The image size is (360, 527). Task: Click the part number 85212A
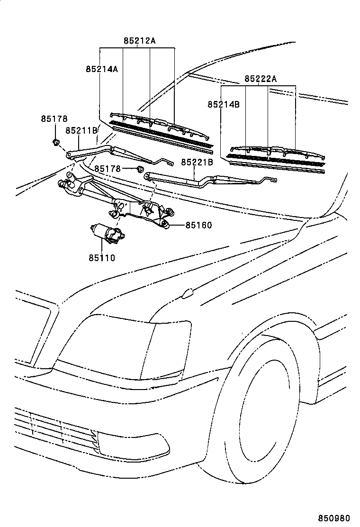[x=139, y=41]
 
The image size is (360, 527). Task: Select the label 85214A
[x=101, y=69]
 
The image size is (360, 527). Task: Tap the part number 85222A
[x=261, y=79]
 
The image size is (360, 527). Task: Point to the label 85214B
[x=223, y=104]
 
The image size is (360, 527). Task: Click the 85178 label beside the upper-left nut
[x=54, y=119]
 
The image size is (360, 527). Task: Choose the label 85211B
[x=81, y=130]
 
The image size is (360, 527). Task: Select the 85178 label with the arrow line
[x=107, y=169]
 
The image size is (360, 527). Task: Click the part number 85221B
[x=198, y=162]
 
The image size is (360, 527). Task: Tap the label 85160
[x=198, y=226]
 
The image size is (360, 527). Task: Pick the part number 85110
[x=101, y=258]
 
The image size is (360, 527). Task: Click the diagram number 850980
[x=338, y=518]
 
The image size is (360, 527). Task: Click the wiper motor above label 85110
[x=107, y=233]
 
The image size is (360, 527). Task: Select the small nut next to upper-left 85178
[x=55, y=142]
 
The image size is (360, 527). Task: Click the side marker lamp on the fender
[x=188, y=294]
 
